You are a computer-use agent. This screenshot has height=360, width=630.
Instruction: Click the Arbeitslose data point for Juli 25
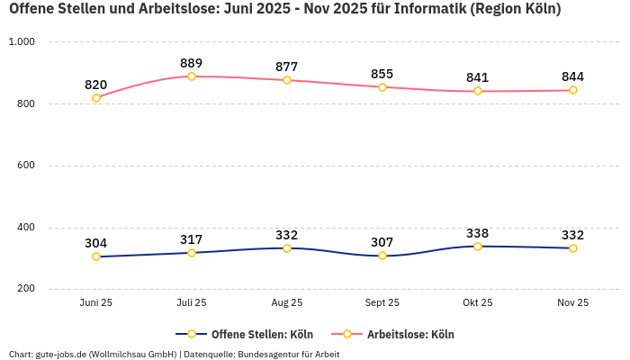point(192,76)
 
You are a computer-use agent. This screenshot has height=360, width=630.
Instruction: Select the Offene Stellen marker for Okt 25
point(478,247)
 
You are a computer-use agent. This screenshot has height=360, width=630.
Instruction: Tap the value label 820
point(96,85)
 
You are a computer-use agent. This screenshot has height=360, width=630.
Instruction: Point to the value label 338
point(478,233)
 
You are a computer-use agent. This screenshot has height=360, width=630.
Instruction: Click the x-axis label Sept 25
point(382,303)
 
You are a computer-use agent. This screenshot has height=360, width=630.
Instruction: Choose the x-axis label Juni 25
point(96,303)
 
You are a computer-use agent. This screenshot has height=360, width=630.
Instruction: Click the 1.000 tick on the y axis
point(21,42)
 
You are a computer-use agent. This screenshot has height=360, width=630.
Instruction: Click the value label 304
point(96,243)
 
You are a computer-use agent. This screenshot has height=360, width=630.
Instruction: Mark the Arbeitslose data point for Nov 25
point(573,90)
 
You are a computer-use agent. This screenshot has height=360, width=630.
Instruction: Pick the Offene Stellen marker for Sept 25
point(382,256)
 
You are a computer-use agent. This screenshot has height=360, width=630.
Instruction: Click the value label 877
point(287,67)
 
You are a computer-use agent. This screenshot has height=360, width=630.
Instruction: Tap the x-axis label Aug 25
point(287,303)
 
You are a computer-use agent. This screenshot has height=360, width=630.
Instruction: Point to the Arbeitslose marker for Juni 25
point(96,98)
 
